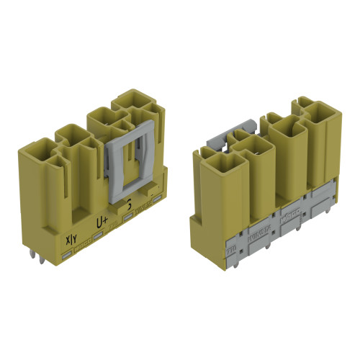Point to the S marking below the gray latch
[129, 204]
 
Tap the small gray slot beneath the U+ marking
[98, 235]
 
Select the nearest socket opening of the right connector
[214, 154]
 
